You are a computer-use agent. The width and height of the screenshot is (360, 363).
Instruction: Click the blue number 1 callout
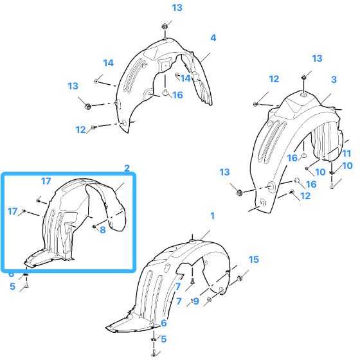(212, 216)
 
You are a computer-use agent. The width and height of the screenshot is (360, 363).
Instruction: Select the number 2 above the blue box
(127, 168)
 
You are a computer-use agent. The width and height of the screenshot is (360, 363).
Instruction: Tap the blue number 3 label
(334, 80)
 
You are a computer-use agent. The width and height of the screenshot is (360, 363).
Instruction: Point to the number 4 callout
(213, 38)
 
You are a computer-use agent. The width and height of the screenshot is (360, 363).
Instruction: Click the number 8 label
(103, 230)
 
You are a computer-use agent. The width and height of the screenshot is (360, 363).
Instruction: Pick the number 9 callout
(196, 301)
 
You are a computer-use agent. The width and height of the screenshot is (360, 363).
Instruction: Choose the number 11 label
(346, 154)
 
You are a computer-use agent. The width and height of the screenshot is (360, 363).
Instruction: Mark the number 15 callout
(254, 260)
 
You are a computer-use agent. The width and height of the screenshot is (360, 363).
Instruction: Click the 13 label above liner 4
(177, 8)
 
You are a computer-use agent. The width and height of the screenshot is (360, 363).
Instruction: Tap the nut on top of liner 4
(165, 26)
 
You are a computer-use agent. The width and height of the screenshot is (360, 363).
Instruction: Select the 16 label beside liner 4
(177, 95)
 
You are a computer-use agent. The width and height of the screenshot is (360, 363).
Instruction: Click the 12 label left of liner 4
(80, 130)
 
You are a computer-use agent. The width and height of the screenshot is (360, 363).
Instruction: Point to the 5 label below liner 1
(163, 339)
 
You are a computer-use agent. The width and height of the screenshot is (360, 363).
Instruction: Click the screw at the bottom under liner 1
(154, 353)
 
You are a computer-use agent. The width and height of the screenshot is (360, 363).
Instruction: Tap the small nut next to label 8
(94, 226)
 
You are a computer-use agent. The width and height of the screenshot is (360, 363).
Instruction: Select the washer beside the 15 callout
(240, 278)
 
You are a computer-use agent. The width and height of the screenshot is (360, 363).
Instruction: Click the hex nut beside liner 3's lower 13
(239, 192)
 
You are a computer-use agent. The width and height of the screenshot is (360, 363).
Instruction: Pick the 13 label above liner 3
(317, 58)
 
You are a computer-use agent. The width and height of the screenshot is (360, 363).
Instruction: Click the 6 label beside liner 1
(163, 323)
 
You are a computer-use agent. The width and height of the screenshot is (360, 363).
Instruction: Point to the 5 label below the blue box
(12, 287)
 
